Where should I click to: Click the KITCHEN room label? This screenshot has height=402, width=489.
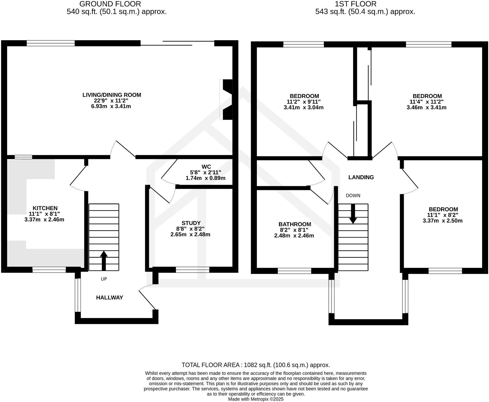tap(45, 208)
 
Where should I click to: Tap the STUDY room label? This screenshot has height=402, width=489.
tap(191, 223)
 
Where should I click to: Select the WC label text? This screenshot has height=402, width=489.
tap(206, 167)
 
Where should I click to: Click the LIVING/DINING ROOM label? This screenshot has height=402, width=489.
tap(112, 95)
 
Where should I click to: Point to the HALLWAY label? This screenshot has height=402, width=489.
tap(109, 298)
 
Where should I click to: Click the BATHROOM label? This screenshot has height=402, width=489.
tap(295, 224)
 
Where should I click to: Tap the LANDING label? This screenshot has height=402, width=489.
tap(361, 177)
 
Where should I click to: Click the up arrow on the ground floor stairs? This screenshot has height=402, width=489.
tap(104, 260)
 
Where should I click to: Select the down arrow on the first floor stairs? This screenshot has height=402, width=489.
tap(353, 214)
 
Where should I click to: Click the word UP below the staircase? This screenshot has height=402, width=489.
tap(104, 279)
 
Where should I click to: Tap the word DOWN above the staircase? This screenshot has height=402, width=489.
tap(353, 196)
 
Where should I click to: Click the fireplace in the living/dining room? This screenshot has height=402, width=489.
tap(227, 99)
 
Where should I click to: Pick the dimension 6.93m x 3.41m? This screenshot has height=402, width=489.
tap(111, 106)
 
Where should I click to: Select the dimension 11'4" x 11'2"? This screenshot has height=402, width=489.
tap(426, 102)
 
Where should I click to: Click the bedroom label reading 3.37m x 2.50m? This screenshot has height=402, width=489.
tap(443, 221)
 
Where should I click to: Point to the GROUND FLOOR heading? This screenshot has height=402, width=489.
tap(110, 4)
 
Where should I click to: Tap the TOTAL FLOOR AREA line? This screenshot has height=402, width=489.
tap(256, 365)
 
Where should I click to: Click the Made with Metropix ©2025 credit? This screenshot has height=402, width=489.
tap(256, 399)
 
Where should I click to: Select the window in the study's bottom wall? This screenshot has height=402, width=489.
tap(193, 270)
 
